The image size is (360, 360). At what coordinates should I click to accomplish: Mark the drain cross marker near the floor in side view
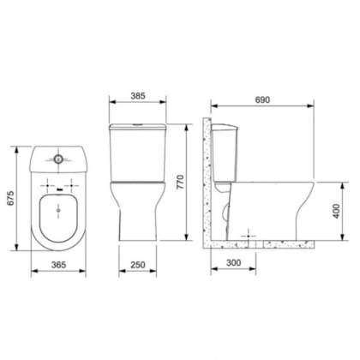249,233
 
